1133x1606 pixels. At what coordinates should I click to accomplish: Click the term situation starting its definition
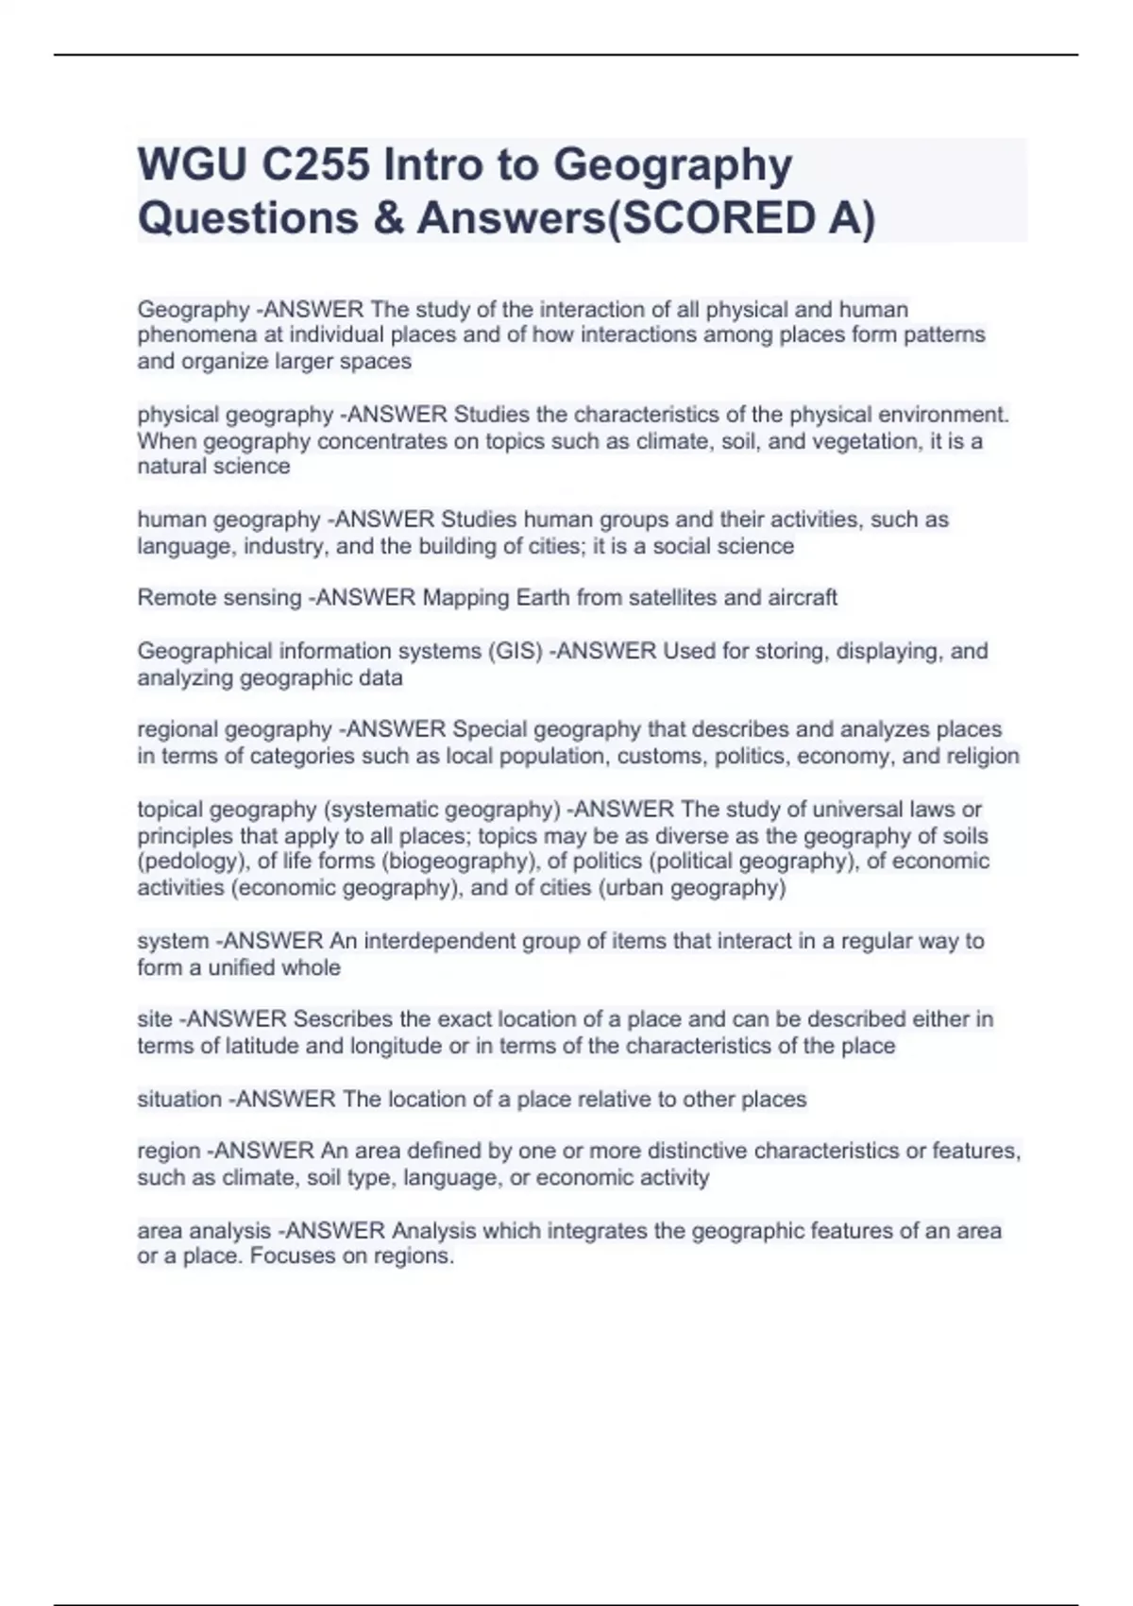tap(179, 1099)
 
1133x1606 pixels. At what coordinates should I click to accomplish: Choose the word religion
tap(981, 756)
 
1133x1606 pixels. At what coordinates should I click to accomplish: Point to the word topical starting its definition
tap(169, 810)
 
